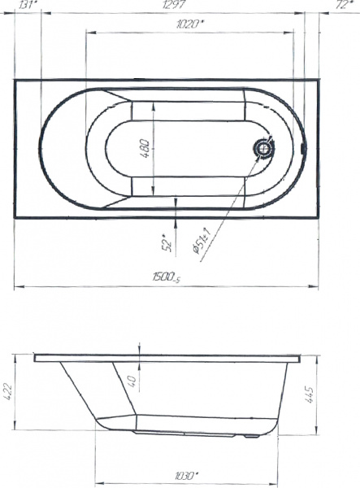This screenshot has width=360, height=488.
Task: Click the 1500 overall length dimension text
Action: (166, 278)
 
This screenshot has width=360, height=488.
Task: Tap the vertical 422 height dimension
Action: (8, 392)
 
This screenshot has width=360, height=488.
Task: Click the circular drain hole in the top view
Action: (263, 149)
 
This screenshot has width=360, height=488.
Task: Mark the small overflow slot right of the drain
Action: (302, 149)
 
